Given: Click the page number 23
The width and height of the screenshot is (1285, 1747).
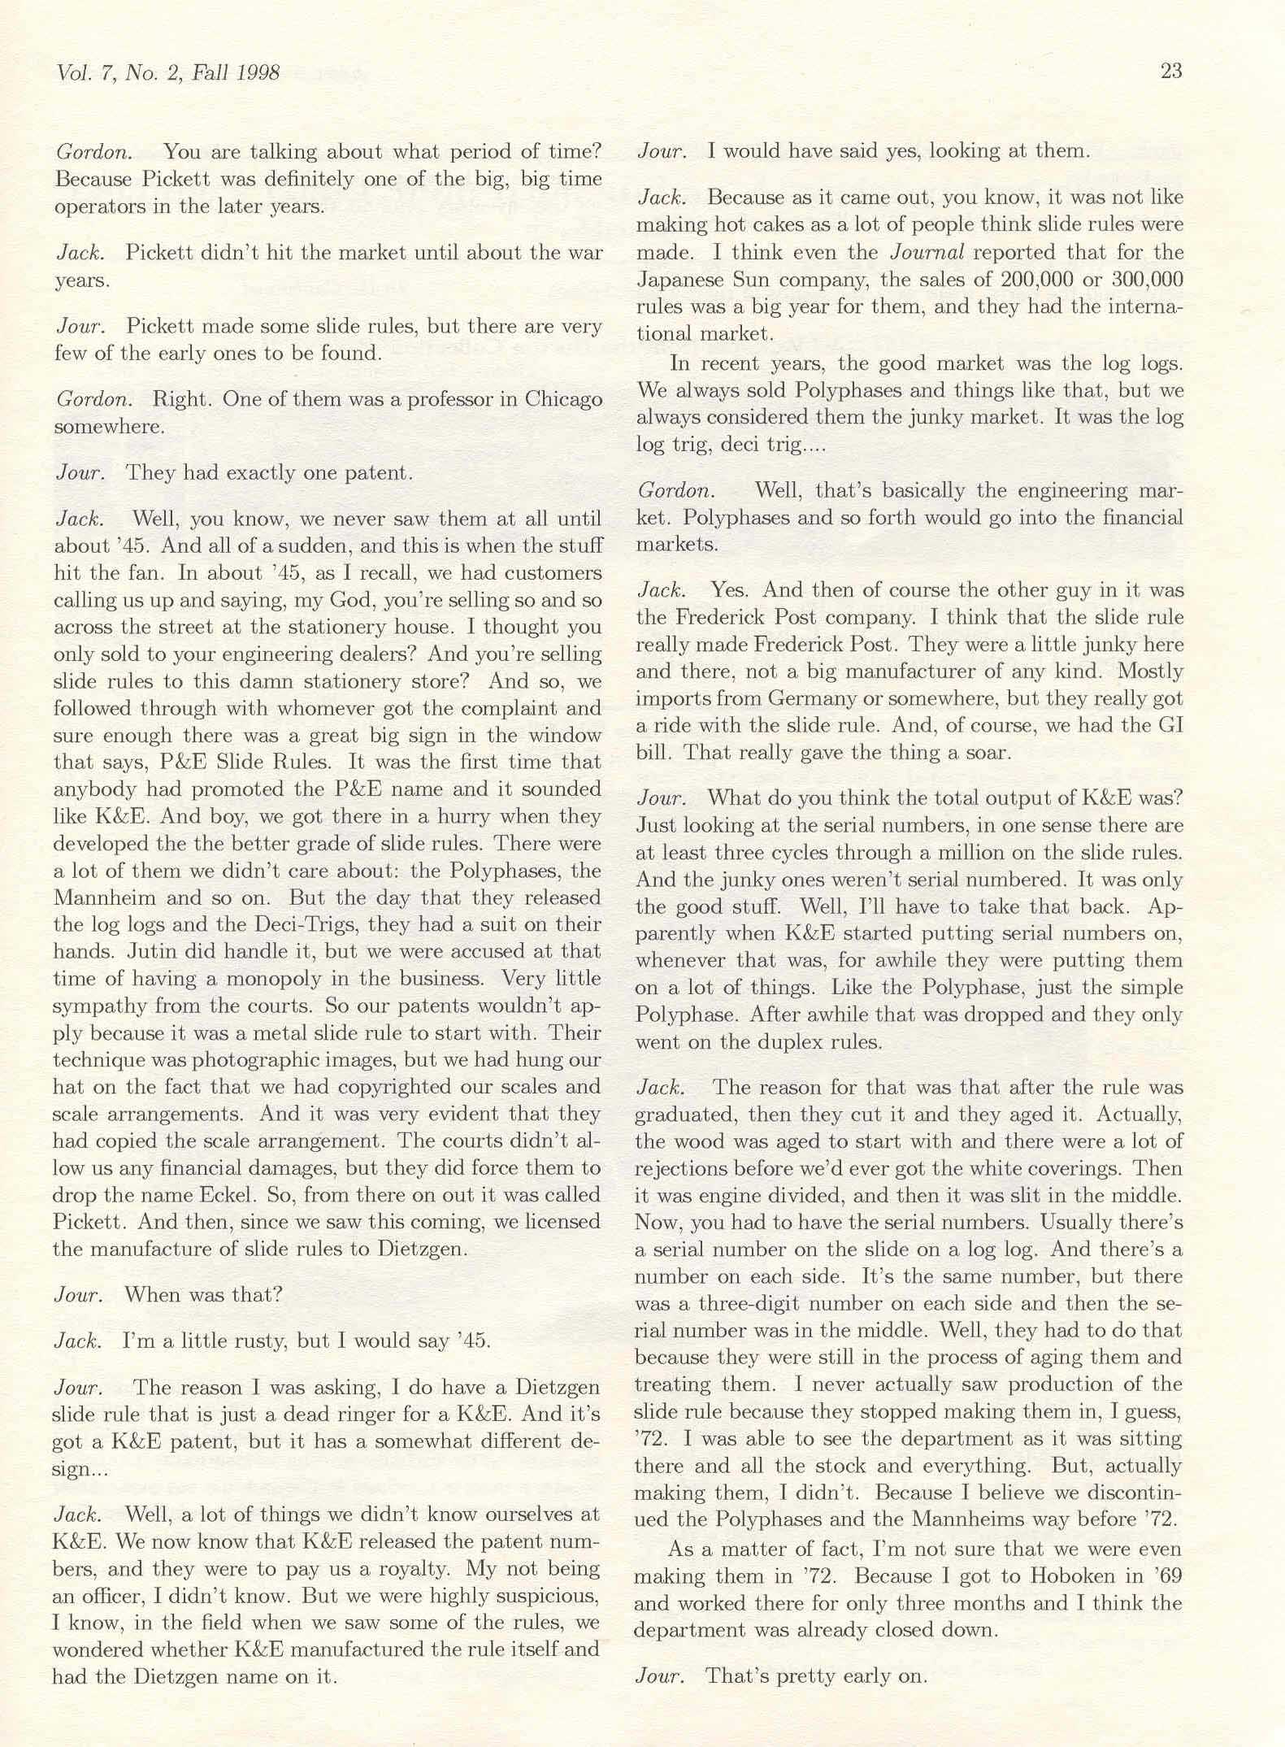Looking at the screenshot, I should click(x=1170, y=72).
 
